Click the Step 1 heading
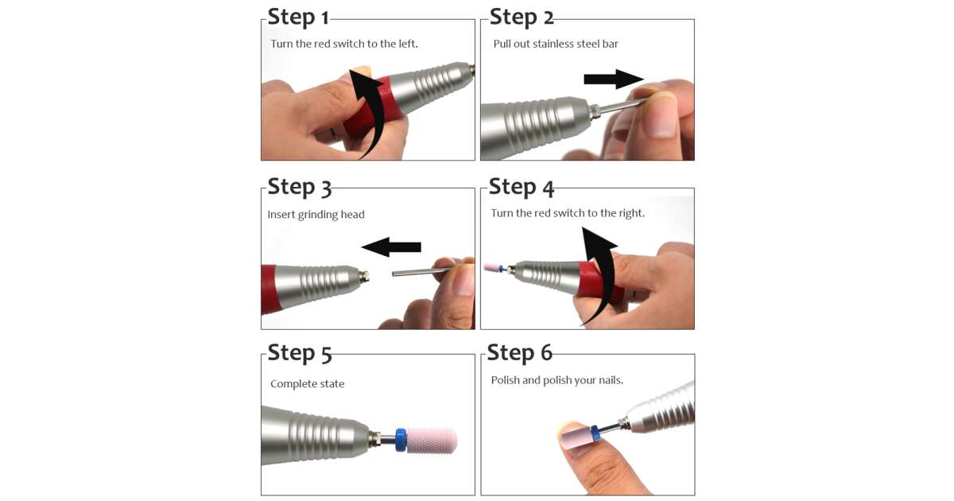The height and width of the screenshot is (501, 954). click(x=298, y=17)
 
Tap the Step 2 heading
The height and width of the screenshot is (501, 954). click(x=522, y=17)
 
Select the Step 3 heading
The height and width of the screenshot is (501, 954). click(x=300, y=188)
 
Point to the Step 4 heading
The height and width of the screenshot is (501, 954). click(x=522, y=188)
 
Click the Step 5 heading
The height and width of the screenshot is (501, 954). click(x=300, y=354)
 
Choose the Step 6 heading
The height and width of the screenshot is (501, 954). click(x=520, y=353)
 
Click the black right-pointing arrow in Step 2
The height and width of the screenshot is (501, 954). click(x=613, y=79)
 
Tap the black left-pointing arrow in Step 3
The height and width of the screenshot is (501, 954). click(x=391, y=247)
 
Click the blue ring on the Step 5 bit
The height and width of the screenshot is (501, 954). click(x=401, y=440)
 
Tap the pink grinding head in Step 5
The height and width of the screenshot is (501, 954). click(x=432, y=440)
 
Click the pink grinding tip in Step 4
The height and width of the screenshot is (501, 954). click(x=491, y=267)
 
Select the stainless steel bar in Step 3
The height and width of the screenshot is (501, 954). click(x=421, y=271)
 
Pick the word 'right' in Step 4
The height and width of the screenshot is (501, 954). click(x=632, y=213)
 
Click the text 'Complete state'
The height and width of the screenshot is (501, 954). click(x=307, y=384)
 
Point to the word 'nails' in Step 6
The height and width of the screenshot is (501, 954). click(x=610, y=380)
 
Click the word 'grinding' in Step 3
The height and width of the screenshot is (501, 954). click(x=318, y=216)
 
